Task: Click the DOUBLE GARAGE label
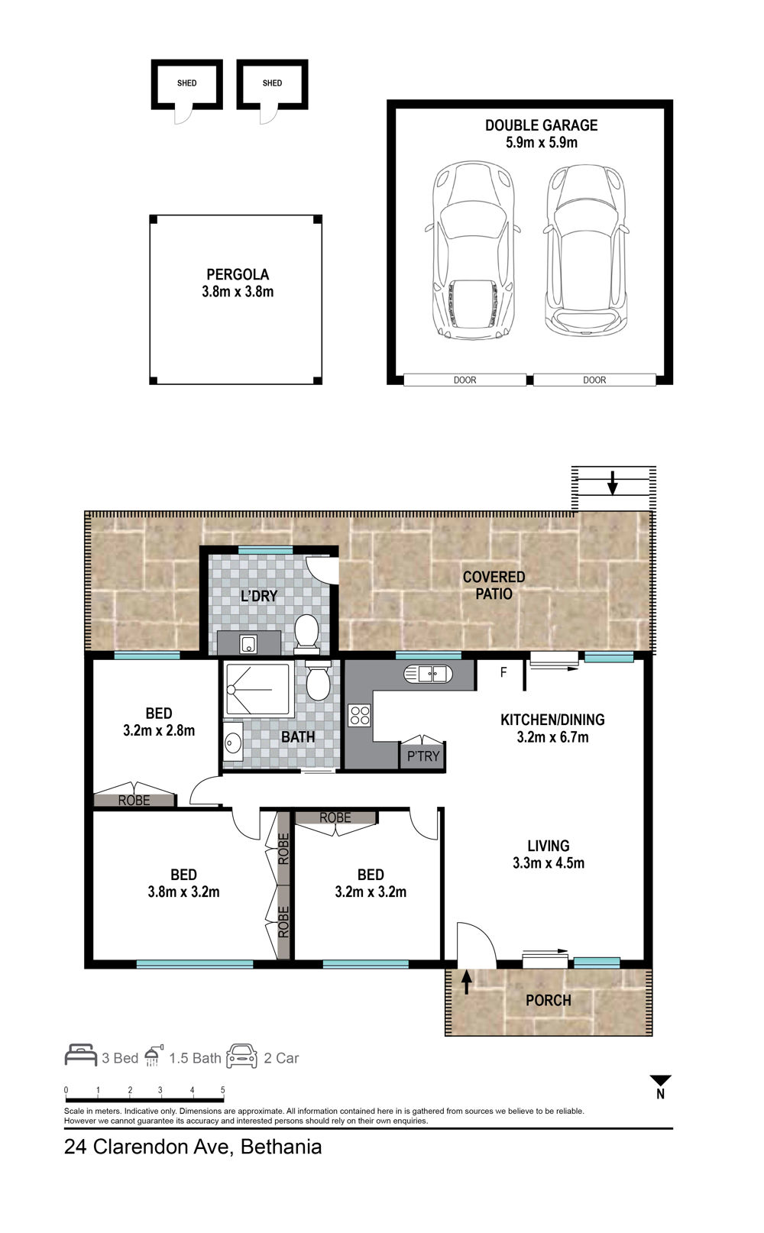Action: point(541,125)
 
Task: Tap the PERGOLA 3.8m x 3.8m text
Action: point(238,283)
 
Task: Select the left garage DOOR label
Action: point(465,380)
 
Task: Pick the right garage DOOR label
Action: point(594,380)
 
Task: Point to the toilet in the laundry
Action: point(306,633)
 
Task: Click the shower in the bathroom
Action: point(257,690)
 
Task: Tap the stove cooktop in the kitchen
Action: point(360,716)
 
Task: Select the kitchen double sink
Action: point(429,673)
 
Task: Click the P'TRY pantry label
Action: point(423,756)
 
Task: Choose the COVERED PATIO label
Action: point(494,585)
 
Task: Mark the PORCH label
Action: point(549,1000)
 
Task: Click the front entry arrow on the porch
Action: point(466,982)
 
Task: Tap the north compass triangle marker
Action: point(661,1080)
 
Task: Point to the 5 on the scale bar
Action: point(223,1089)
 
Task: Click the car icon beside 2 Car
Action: point(241,1056)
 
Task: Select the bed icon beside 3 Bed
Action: point(81,1055)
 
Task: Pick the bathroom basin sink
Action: point(233,742)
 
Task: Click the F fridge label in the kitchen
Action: point(503,672)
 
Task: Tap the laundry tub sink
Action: point(248,644)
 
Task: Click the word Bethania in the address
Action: point(281,1147)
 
